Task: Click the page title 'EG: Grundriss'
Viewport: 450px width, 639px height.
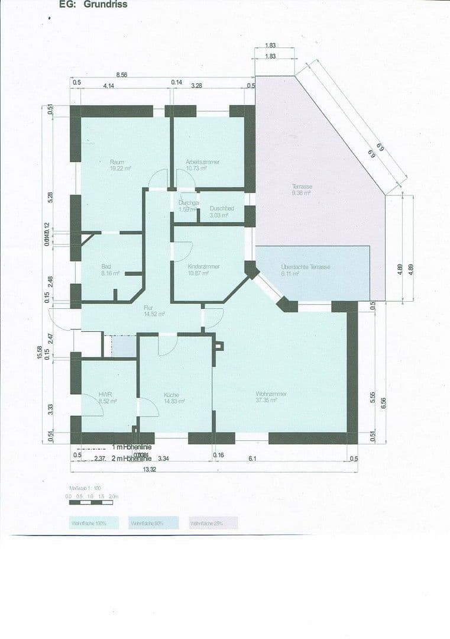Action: click(93, 5)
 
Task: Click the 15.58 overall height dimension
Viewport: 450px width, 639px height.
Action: click(39, 352)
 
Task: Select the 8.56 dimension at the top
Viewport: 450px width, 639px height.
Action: click(122, 75)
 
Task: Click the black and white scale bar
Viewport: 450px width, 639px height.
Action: click(90, 502)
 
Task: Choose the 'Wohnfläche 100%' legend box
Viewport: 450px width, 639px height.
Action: click(93, 523)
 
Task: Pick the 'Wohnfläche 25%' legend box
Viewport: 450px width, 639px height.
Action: click(212, 523)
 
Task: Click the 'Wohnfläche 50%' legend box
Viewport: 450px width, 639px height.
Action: click(153, 523)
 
